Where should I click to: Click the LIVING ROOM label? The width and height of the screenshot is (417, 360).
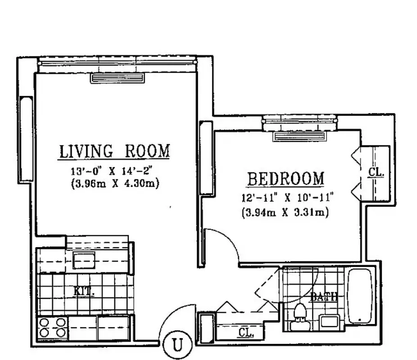pos(114,151)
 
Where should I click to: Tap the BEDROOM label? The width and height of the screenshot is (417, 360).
pos(285,179)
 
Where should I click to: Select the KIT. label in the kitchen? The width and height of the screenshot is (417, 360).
pos(84,292)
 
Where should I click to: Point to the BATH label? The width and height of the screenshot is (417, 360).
pos(324,297)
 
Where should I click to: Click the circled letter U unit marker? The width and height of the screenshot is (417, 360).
pos(178,345)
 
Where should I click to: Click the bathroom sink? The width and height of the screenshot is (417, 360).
pos(330,322)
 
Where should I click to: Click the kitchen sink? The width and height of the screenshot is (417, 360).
pos(84,261)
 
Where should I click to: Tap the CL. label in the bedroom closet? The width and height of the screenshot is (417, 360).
pos(376,172)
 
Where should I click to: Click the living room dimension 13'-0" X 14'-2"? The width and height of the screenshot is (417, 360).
pos(114,171)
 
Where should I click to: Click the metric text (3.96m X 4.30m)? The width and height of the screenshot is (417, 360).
pos(114,184)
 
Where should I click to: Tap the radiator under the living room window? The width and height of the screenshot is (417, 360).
pos(118,78)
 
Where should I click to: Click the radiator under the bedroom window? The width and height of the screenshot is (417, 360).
pos(299,136)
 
